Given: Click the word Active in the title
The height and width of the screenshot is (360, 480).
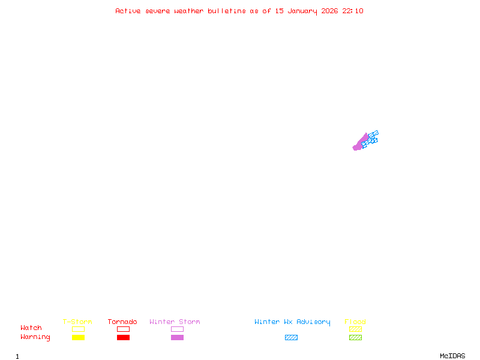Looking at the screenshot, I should point(128,11).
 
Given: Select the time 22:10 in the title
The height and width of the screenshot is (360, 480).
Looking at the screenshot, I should point(353,11).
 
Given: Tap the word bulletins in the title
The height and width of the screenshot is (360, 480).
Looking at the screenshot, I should point(227,11).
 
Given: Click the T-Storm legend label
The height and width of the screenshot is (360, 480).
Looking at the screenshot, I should point(77,322).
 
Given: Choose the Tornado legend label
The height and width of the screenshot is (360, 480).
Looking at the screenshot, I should point(122,322).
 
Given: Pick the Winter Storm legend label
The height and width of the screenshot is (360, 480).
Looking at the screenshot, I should point(175,322).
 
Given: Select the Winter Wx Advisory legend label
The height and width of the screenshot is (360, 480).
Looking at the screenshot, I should point(292,322).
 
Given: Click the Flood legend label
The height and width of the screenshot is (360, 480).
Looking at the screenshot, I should point(355,322).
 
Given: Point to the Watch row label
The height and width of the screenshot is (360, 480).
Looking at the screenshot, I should point(31,328).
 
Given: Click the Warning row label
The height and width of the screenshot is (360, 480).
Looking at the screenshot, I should point(35,337).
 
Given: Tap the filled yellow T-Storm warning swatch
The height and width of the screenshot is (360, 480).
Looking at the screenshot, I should point(78,337).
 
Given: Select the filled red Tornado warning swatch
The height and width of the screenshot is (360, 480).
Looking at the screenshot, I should point(123,337).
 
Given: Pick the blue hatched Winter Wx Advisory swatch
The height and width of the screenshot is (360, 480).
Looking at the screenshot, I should point(291,337).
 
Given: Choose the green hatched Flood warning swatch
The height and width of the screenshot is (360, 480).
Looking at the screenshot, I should point(355,337).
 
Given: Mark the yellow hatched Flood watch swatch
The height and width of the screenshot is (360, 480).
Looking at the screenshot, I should point(355,329).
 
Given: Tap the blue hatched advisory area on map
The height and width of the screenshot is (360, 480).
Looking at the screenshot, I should point(373,137).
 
